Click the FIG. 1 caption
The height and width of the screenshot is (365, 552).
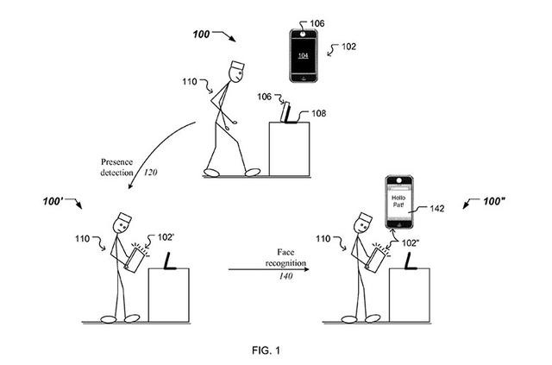coord(267,350)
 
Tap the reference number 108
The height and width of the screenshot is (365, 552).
coord(318,113)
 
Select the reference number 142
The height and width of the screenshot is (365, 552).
coord(437,209)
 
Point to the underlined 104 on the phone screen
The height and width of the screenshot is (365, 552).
coord(303,55)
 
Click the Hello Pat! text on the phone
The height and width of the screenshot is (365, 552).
coord(398,201)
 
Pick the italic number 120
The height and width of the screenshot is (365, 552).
coord(150,173)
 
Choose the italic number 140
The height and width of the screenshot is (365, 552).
coord(285,276)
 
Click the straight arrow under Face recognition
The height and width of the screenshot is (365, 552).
coord(269,269)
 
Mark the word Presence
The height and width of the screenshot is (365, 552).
coord(117,162)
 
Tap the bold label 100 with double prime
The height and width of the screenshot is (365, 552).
coord(494,201)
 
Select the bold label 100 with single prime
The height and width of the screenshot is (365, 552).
coord(53,202)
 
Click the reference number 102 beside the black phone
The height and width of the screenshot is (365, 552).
coord(348,47)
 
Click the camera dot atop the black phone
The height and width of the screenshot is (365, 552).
coord(303,34)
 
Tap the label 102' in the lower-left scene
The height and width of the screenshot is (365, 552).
coord(166,237)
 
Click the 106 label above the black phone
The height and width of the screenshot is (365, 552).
coord(317,23)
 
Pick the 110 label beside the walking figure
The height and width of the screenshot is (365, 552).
coord(190,82)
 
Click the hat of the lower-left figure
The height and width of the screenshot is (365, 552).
coord(124,218)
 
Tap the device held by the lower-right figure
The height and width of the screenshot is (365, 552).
coord(375,260)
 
